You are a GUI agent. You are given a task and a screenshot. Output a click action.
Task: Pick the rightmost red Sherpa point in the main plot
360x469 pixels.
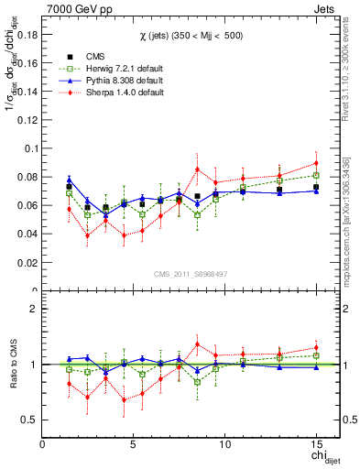point(315,163)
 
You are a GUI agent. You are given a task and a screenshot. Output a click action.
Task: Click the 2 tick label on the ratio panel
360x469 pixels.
point(33,310)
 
